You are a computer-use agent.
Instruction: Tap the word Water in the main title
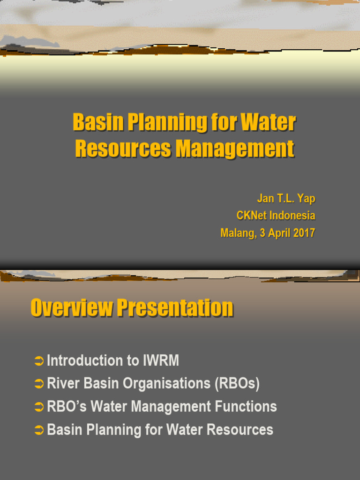pos(268,123)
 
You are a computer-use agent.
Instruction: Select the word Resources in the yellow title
pos(123,149)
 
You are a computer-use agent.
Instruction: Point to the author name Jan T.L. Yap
pos(286,198)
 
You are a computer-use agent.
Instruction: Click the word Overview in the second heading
pos(72,308)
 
